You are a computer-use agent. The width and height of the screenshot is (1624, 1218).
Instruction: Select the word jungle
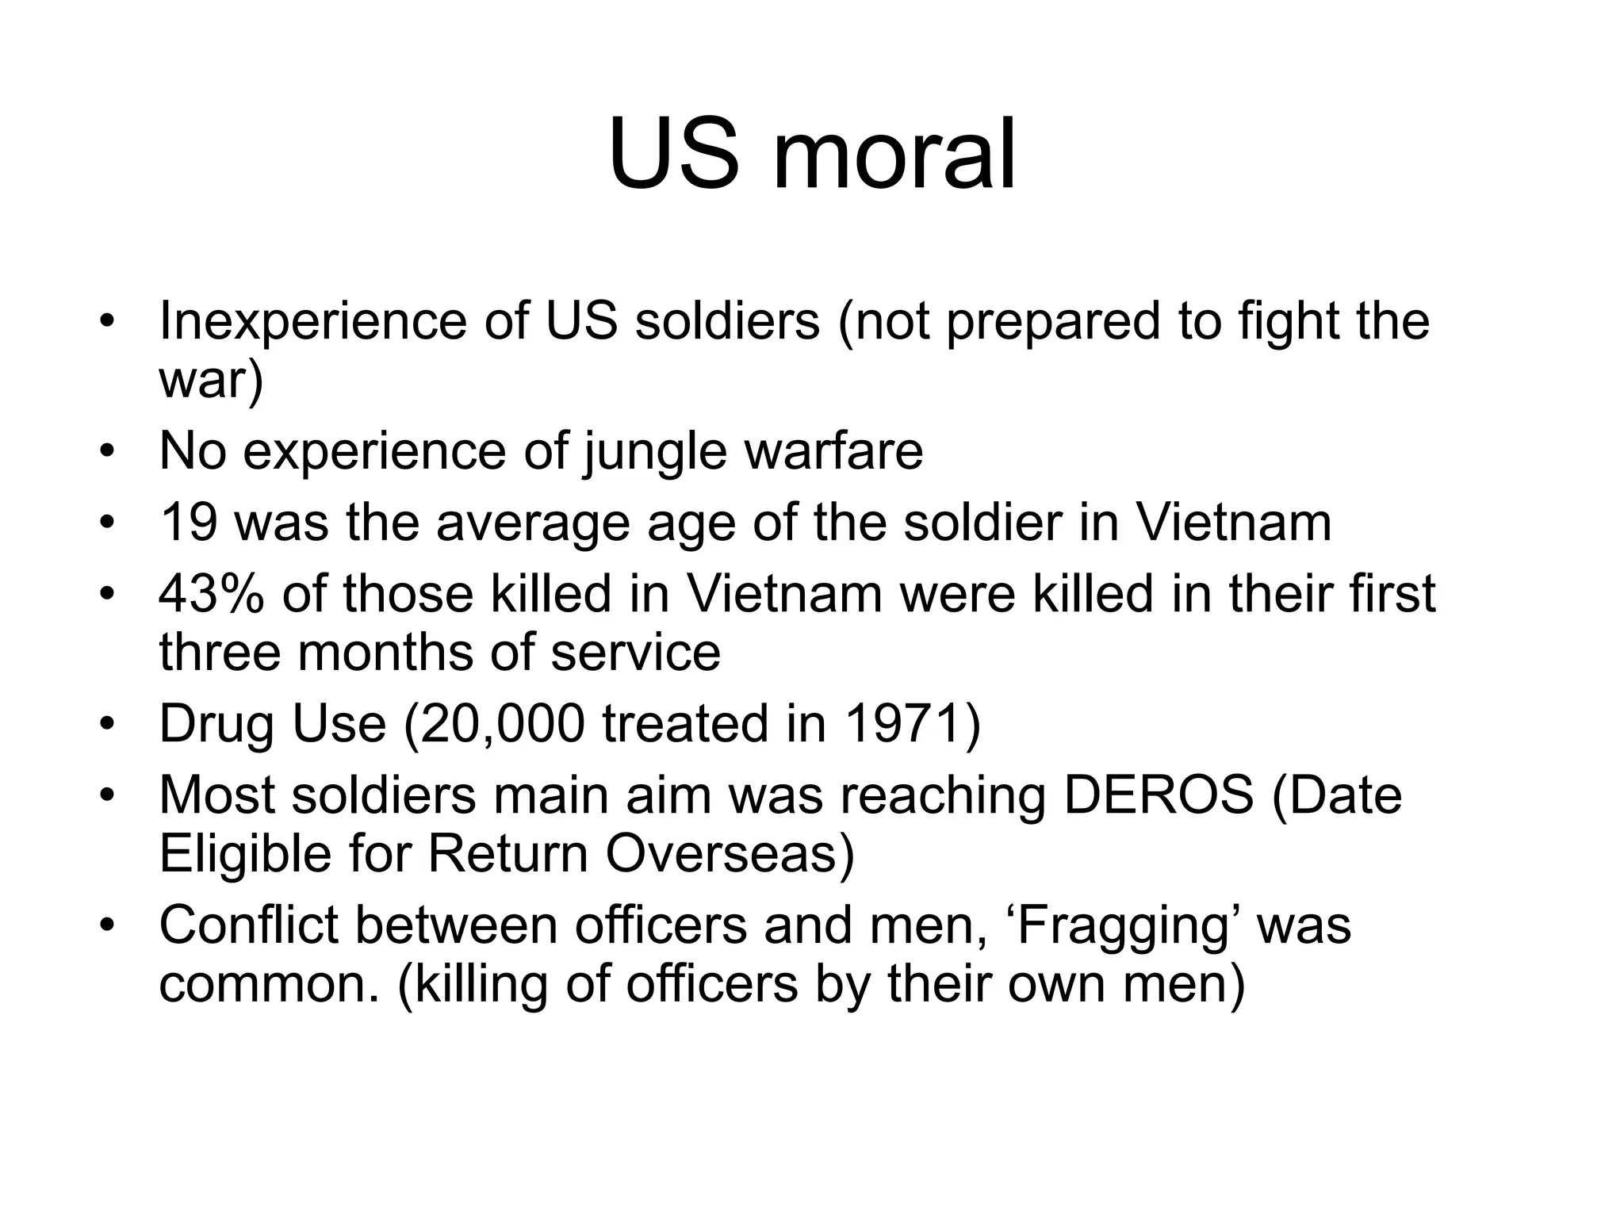pos(655,452)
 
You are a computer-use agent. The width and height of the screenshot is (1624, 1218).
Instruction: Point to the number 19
pos(189,523)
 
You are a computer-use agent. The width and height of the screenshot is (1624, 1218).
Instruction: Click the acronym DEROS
pos(1159,795)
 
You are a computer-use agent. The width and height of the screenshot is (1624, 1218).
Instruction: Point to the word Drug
pos(216,724)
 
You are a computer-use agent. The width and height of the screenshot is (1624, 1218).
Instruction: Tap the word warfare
pos(833,452)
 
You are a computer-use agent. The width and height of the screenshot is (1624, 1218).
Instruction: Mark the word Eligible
pos(244,854)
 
